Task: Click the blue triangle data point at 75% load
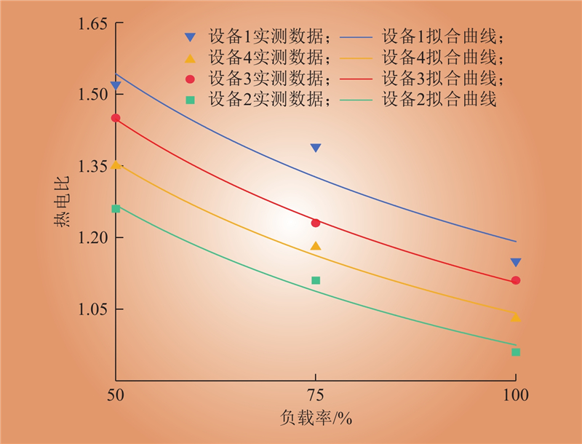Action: (x=316, y=148)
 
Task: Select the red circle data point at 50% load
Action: (x=116, y=118)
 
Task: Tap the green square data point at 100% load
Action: (x=516, y=352)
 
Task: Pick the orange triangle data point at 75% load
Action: (x=316, y=246)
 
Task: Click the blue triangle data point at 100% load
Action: (x=516, y=262)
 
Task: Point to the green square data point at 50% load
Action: (x=116, y=209)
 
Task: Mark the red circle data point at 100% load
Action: (x=516, y=280)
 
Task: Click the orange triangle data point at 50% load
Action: (x=116, y=165)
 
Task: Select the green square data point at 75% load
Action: (x=316, y=280)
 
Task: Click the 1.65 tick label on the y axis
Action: (x=92, y=25)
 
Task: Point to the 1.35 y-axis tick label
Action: (x=92, y=166)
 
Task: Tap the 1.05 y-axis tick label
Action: (x=92, y=309)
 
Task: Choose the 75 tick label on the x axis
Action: (x=316, y=397)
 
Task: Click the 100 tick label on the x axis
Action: (x=515, y=397)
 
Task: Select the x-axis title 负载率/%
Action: (x=316, y=420)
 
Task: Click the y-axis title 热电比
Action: (x=63, y=203)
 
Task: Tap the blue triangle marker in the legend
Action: (x=190, y=37)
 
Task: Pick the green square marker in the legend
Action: (x=190, y=100)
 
